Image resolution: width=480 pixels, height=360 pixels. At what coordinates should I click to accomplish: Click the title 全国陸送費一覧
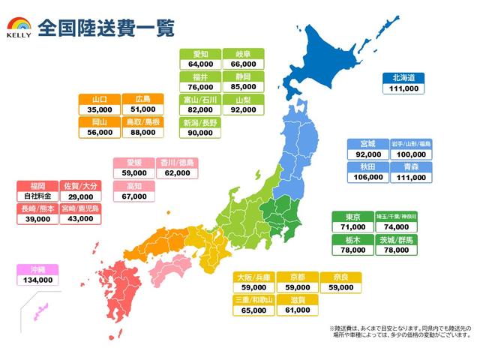coord(106,28)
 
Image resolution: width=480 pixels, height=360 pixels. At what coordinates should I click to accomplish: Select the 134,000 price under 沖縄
coord(37,280)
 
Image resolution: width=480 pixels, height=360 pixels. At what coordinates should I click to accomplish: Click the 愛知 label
coord(200,54)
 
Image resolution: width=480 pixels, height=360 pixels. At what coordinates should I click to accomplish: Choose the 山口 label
coord(98,98)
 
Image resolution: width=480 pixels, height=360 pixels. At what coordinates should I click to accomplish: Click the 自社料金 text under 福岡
coord(37,196)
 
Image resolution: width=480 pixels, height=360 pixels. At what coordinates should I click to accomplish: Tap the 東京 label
coord(352,217)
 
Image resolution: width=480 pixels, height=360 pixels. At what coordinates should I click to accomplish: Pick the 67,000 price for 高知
coord(133,196)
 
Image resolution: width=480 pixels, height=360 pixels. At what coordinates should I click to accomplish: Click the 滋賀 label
coord(296,298)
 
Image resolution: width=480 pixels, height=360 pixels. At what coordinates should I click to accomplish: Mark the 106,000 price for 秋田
coord(366,178)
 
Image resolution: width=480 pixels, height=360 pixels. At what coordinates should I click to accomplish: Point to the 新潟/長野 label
coord(200,121)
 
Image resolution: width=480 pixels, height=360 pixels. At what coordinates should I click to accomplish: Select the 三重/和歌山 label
coord(253,298)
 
